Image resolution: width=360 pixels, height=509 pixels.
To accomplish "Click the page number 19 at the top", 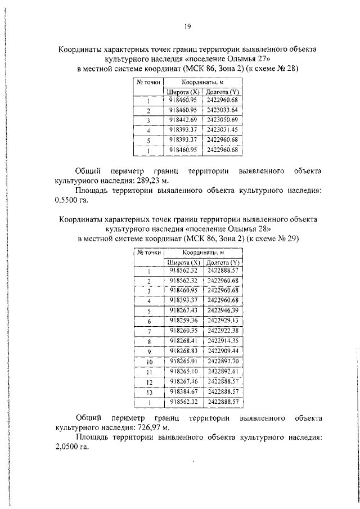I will [188, 26].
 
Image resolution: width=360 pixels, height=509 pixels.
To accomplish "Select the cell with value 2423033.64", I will [222, 110].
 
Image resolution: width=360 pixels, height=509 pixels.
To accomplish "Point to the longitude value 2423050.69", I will [222, 120].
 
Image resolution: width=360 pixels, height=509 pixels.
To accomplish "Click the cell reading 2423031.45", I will [222, 130].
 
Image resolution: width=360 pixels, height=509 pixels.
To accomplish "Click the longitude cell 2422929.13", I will [222, 320].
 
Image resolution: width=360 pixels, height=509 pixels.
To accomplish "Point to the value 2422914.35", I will [222, 340].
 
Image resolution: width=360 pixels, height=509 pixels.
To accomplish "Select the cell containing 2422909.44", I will [222, 350].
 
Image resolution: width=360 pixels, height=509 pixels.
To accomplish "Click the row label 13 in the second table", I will [150, 392].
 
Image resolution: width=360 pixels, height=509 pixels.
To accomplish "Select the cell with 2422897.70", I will [222, 361].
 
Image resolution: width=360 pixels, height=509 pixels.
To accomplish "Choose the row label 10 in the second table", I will [150, 362].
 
